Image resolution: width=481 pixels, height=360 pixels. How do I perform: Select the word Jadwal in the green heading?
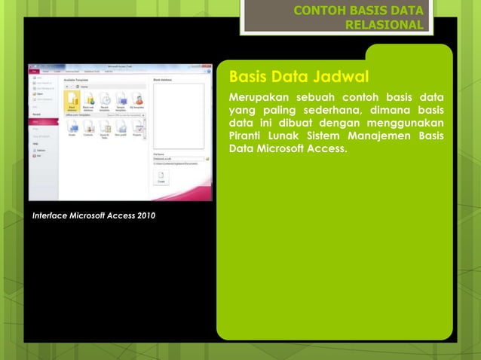click(x=338, y=78)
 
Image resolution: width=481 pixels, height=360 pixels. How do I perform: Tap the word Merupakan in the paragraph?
click(x=261, y=99)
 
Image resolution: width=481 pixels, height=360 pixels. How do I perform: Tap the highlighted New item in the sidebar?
click(x=42, y=121)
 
